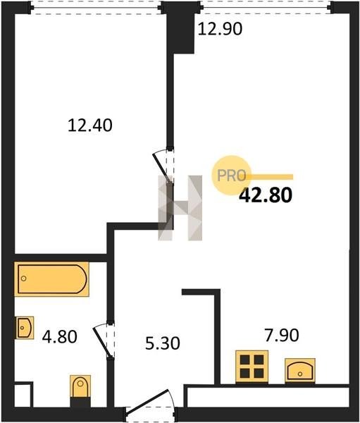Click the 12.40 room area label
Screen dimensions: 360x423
click(89, 125)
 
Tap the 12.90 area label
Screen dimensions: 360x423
click(220, 29)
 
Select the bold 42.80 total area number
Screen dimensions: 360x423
click(266, 195)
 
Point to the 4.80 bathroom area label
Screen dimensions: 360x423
click(60, 337)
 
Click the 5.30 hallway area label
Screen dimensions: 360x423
click(162, 343)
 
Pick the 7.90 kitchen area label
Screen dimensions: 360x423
click(282, 335)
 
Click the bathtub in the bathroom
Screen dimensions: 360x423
click(51, 279)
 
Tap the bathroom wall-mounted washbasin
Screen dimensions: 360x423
click(25, 328)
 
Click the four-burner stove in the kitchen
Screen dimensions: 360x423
click(252, 367)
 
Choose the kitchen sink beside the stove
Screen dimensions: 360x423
click(300, 370)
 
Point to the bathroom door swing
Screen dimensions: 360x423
click(104, 341)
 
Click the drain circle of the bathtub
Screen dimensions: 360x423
click(24, 278)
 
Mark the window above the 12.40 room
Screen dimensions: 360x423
click(94, 7)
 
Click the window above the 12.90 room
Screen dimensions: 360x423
click(266, 7)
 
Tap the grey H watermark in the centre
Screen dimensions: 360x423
click(180, 208)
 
